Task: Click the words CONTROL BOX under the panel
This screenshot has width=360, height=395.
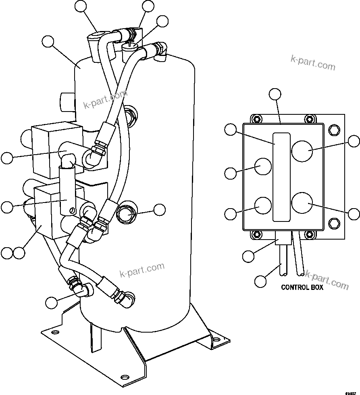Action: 302,287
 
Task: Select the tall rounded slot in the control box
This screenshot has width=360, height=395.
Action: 281,177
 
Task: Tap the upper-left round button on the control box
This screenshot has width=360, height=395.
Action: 262,166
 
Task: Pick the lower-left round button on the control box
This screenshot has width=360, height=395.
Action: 262,205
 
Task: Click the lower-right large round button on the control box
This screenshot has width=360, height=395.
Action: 302,203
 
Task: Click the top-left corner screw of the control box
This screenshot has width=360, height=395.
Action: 255,119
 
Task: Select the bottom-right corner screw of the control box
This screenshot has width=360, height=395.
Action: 309,234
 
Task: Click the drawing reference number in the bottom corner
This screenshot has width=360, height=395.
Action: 350,391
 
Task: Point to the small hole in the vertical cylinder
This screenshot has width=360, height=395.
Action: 72,209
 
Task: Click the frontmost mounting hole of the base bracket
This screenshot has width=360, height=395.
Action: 125,377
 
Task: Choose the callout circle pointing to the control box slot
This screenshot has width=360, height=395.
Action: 231,129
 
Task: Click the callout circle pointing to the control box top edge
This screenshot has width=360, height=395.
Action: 275,94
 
